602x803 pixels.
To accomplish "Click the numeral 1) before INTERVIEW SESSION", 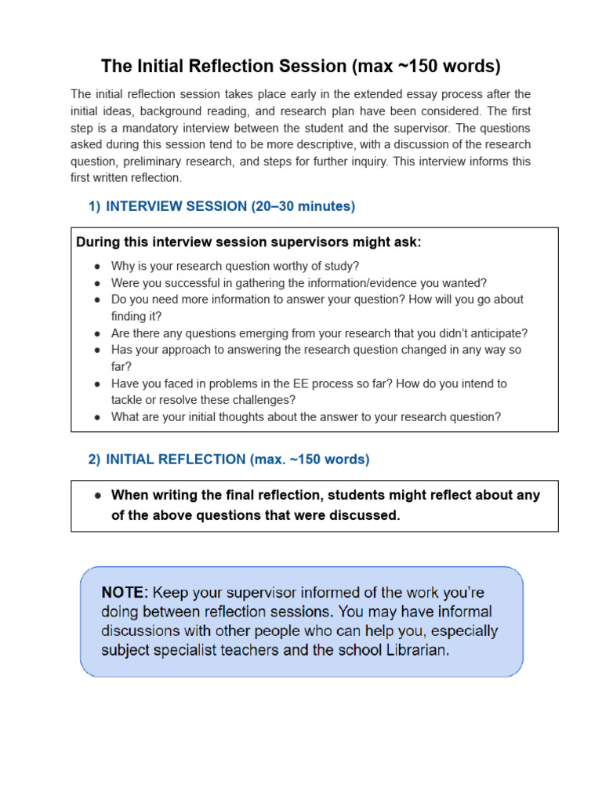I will pos(94,206).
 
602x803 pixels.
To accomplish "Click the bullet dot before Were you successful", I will pos(96,283).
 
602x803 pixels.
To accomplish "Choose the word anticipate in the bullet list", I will pos(496,332).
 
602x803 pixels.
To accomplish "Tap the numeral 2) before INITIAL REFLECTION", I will pos(94,460).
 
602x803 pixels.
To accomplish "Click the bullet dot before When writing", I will pos(97,496).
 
